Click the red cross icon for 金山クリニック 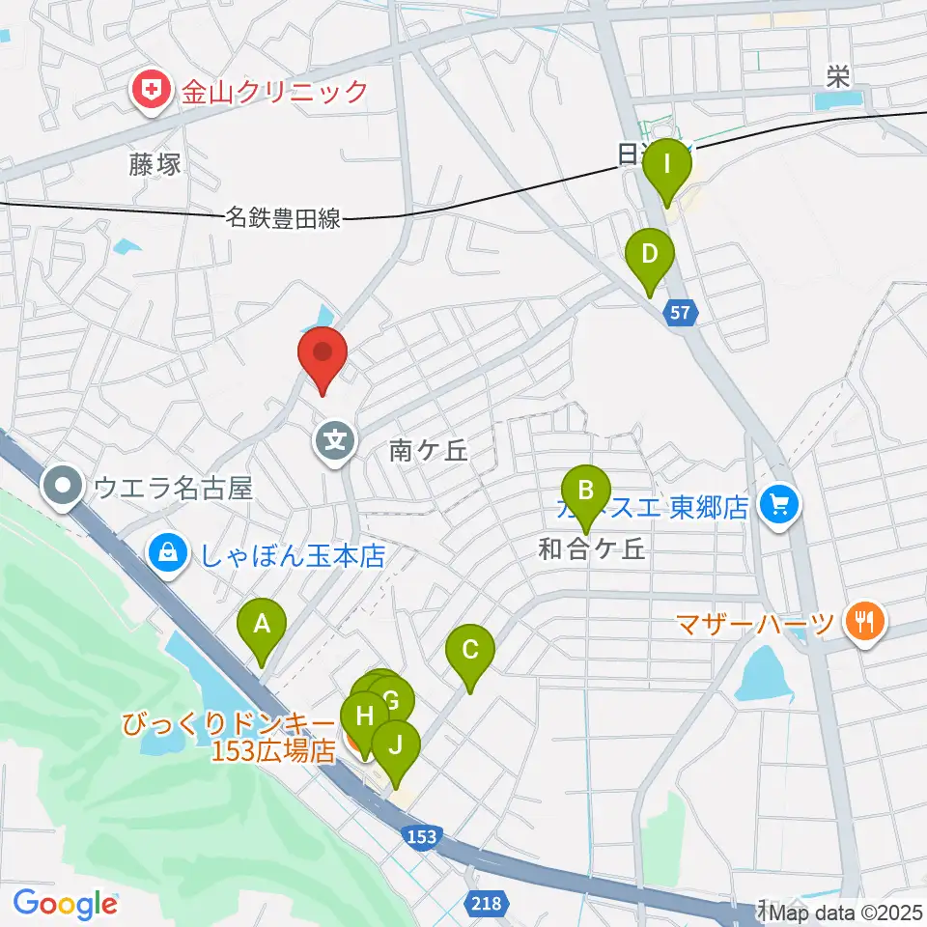coord(150,92)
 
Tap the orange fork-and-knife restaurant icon coord(859,619)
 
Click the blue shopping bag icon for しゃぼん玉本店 coord(168,554)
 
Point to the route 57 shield coord(681,312)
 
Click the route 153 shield coord(422,836)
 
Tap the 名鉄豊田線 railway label coord(284,219)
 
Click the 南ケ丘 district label coord(429,450)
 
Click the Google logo coord(66,904)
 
